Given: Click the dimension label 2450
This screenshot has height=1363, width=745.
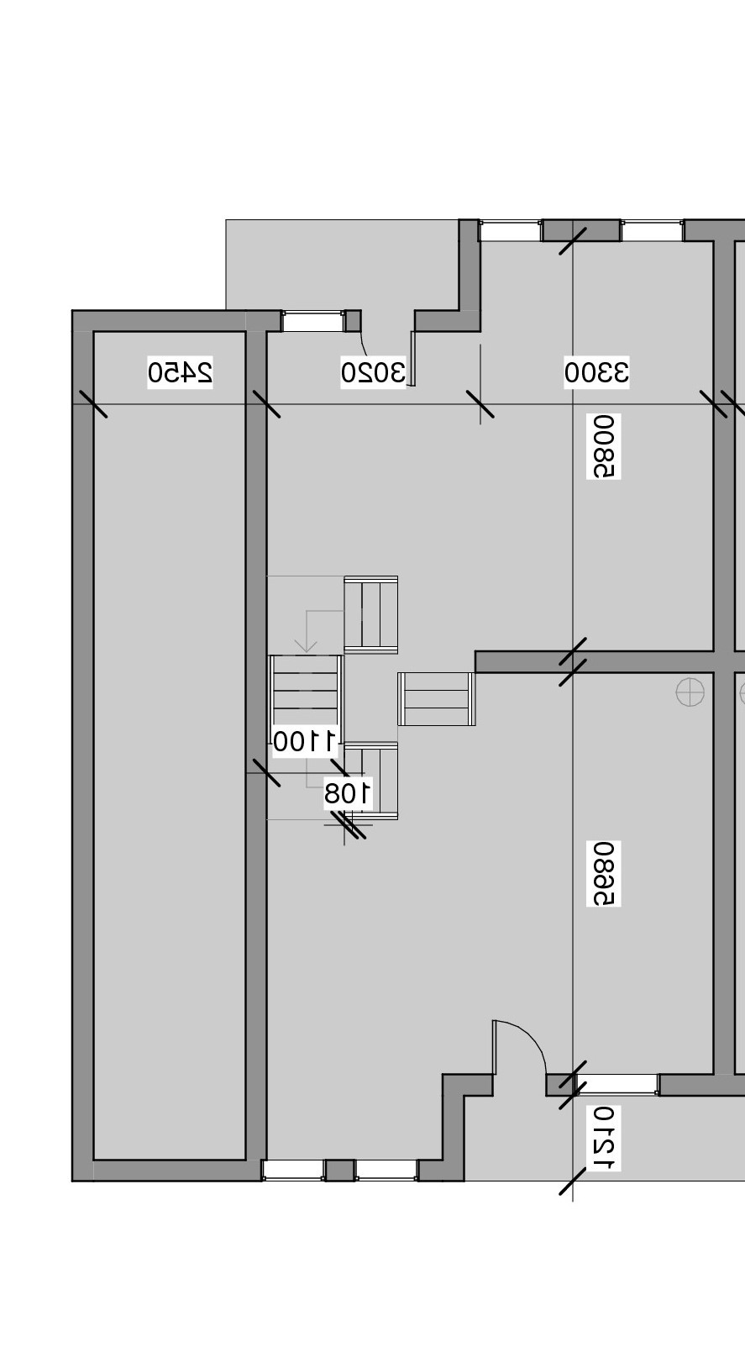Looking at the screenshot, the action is (x=181, y=371).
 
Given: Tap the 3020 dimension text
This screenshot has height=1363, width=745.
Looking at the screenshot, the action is (x=373, y=371).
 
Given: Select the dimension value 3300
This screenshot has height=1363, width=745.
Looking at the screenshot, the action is (x=596, y=371).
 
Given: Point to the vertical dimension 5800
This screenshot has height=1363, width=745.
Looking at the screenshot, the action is (x=604, y=446).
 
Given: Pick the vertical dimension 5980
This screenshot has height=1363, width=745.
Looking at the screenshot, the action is (x=604, y=874).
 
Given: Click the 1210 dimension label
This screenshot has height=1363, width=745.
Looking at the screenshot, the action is (x=604, y=1139).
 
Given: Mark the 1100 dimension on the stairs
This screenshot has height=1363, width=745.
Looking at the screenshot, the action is (x=304, y=741).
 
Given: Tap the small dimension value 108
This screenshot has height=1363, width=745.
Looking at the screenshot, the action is (x=348, y=792).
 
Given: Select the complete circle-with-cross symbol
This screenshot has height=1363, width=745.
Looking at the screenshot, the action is (x=690, y=692).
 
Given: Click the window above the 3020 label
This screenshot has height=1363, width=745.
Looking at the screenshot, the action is (x=312, y=321).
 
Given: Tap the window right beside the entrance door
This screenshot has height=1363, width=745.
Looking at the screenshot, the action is (x=617, y=1084).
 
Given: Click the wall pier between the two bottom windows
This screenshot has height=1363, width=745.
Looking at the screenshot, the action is (x=339, y=1170).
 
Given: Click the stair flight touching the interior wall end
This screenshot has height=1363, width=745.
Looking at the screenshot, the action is (x=437, y=698).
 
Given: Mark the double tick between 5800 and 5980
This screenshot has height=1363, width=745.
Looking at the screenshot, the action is (x=573, y=661).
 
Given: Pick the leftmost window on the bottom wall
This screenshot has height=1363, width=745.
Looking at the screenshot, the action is (x=293, y=1170).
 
